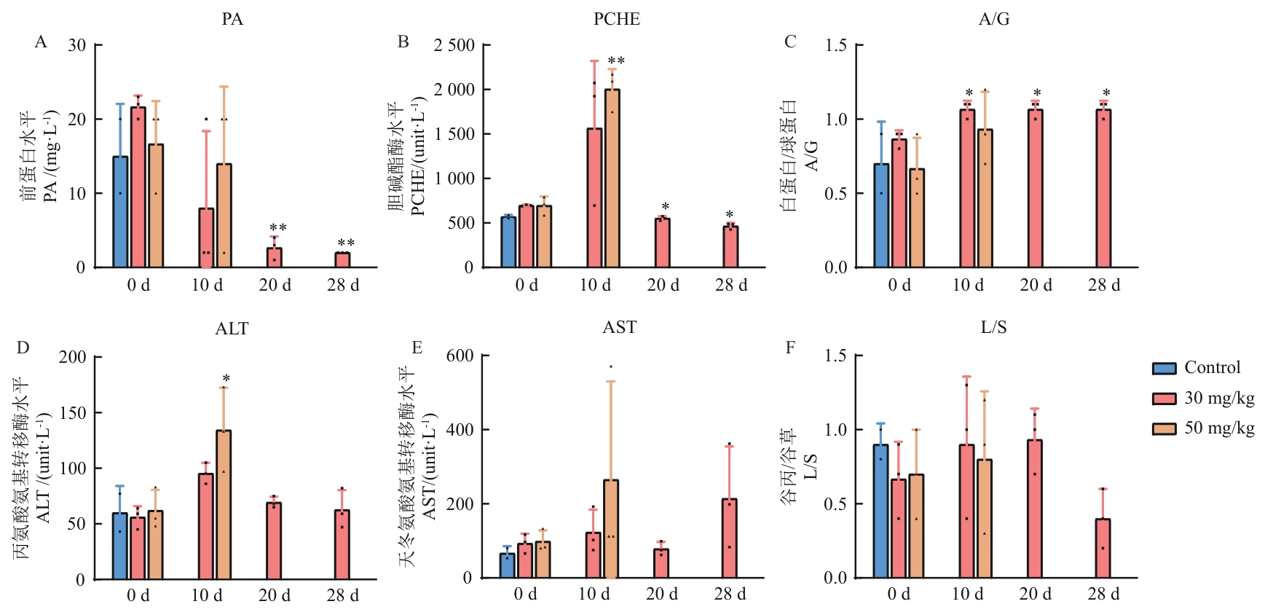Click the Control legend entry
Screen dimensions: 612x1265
click(1212, 368)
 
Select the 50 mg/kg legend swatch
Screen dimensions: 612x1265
click(1164, 428)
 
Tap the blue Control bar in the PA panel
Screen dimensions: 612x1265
click(120, 212)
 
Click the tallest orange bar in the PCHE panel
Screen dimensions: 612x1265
click(612, 178)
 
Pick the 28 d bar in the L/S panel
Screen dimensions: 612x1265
click(1103, 549)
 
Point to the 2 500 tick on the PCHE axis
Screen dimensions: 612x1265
click(454, 45)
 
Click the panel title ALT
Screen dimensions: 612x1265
click(232, 329)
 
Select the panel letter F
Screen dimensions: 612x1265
click(790, 348)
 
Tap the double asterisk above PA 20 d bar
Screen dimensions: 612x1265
click(277, 229)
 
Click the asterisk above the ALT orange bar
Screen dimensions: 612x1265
click(226, 379)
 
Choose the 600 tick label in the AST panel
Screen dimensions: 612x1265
click(460, 356)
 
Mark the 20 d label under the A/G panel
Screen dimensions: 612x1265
click(1036, 285)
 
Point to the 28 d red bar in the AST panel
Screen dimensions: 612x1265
click(729, 538)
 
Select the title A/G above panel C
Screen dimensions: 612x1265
click(994, 20)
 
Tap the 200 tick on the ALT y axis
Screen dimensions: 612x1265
click(72, 357)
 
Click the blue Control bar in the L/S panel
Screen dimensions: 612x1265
click(880, 511)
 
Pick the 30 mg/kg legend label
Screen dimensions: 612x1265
click(1219, 398)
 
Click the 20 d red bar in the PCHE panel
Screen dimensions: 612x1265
click(662, 243)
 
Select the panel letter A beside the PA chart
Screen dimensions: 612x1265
click(41, 42)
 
